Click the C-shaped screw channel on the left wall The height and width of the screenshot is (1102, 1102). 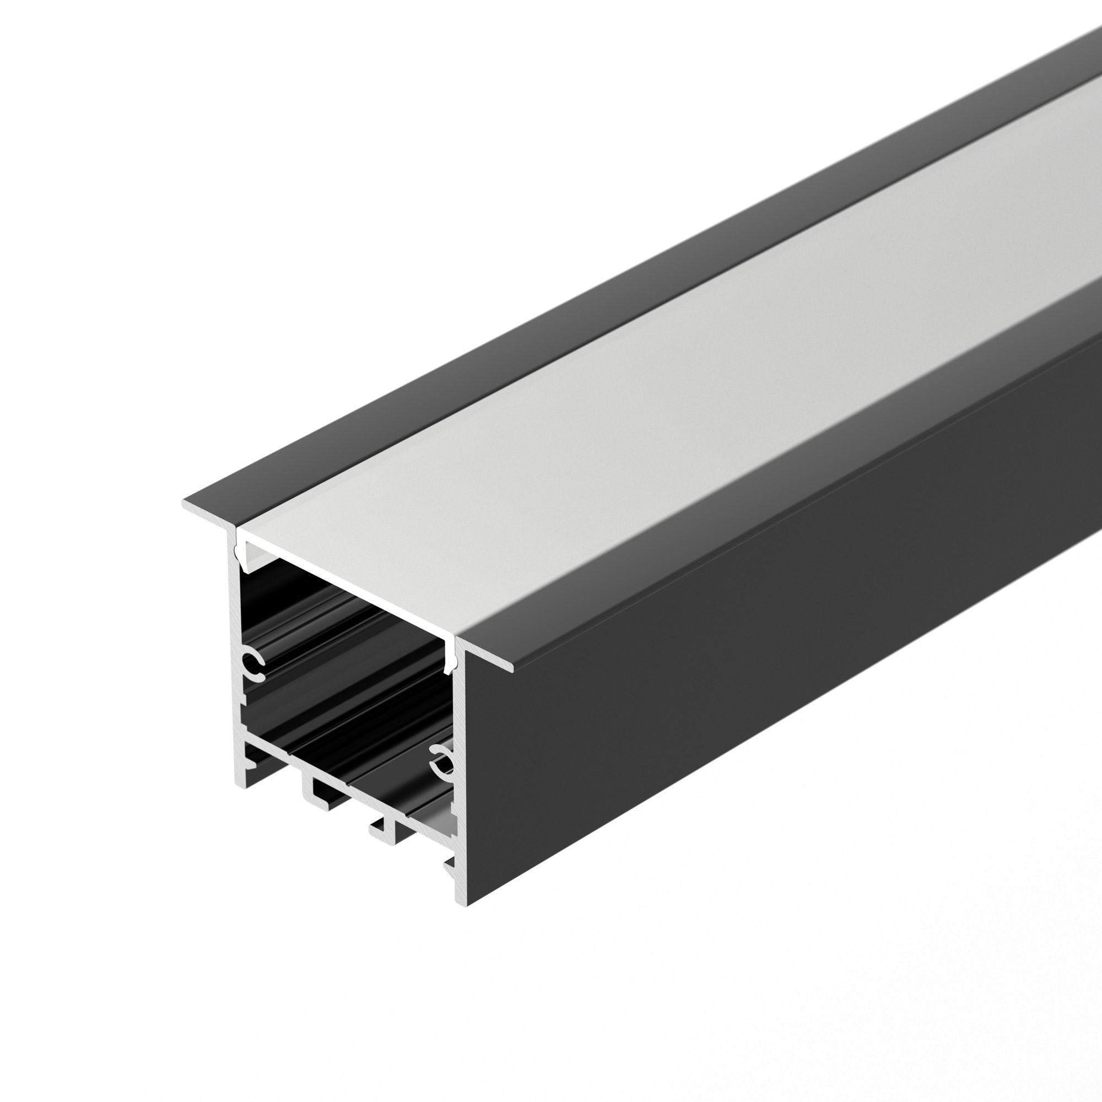pyautogui.click(x=253, y=663)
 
